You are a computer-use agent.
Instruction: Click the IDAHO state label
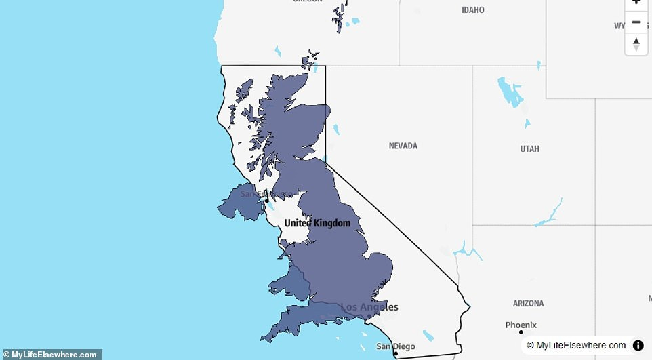click(473, 10)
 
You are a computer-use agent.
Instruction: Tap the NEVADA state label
click(403, 146)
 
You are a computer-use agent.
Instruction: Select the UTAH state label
click(530, 148)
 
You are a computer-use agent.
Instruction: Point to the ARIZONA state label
click(528, 303)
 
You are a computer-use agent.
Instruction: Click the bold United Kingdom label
click(317, 223)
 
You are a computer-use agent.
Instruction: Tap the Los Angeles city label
click(369, 307)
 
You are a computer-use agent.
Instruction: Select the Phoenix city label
click(521, 325)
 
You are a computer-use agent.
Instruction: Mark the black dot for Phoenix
click(521, 332)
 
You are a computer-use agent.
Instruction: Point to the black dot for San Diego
click(396, 353)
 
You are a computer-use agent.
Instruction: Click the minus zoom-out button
click(636, 22)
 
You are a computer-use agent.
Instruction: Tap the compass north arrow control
click(636, 44)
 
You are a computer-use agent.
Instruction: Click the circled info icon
click(638, 346)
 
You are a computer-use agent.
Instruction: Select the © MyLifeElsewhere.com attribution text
click(576, 346)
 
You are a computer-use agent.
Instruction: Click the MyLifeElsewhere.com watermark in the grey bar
click(51, 355)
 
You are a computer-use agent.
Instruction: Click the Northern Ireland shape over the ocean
click(241, 203)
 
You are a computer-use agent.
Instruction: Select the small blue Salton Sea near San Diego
click(428, 335)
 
